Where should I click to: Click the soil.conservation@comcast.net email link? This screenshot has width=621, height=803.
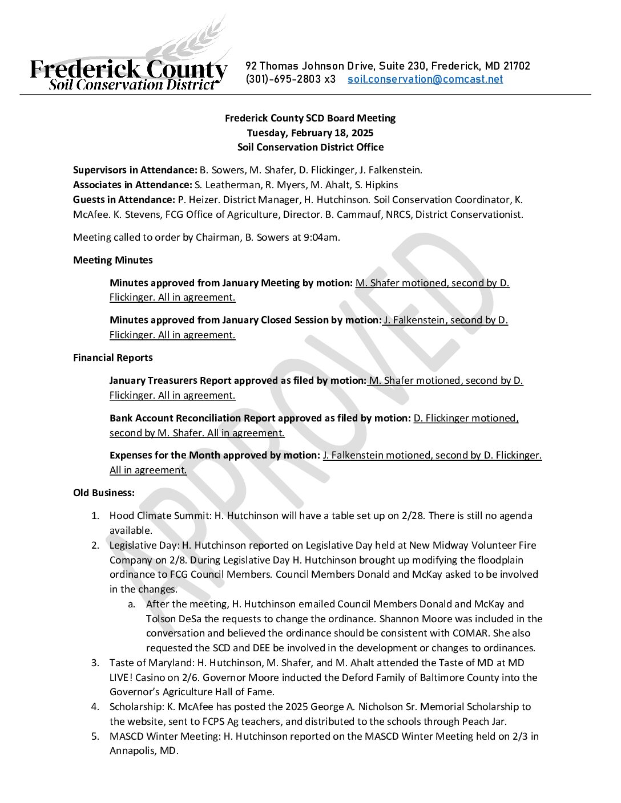pos(425,79)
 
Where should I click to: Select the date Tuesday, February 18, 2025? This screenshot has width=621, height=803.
pos(310,133)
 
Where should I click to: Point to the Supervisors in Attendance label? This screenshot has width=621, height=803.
pos(135,170)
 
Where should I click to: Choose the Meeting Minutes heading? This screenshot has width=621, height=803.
pos(113,260)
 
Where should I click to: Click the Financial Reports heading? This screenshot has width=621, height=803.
pos(113,358)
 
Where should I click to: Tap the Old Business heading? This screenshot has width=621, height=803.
pos(104,493)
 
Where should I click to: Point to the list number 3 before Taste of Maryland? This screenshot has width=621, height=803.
pos(95,663)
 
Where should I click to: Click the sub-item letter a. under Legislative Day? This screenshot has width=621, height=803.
pos(132,604)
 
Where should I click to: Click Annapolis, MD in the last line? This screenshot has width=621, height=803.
pos(144,751)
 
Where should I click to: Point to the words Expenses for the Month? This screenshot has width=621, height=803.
pos(156,455)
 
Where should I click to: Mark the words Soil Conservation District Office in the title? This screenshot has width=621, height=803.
pos(310,147)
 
